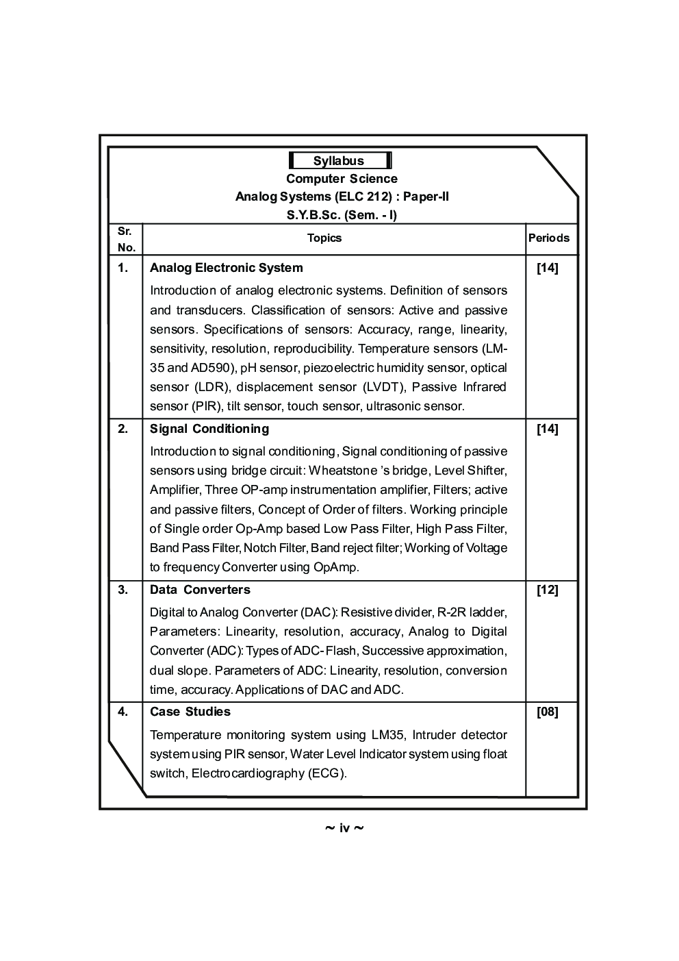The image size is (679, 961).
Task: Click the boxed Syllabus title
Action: (x=339, y=161)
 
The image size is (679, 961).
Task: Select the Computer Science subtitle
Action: (x=342, y=179)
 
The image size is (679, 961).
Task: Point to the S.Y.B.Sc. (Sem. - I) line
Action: (x=342, y=214)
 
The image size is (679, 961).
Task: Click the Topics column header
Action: (x=324, y=238)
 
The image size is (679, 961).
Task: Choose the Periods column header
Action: (x=548, y=238)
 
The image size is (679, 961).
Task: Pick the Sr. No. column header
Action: (x=126, y=239)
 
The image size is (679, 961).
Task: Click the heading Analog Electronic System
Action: (x=226, y=268)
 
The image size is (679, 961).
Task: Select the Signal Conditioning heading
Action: (x=209, y=429)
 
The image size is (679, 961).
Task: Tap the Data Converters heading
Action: (x=200, y=590)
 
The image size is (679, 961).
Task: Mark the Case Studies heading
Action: (x=190, y=712)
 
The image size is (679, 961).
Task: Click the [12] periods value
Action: (x=548, y=590)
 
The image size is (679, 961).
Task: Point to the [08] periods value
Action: (x=548, y=712)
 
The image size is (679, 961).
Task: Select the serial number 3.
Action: (x=123, y=590)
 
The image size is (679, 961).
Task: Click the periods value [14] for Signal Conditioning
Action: (x=548, y=429)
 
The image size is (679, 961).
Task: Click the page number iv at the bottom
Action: (x=344, y=828)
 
